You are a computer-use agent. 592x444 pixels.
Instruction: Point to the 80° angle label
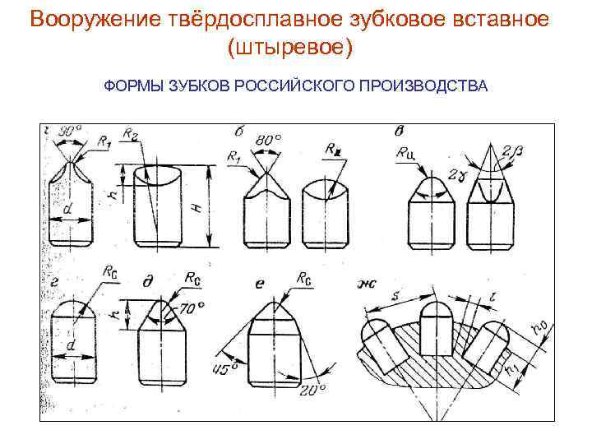[x=268, y=139]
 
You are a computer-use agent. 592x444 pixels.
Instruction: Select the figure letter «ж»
[x=365, y=284]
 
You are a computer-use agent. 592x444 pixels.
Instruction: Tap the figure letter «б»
[x=238, y=132]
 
